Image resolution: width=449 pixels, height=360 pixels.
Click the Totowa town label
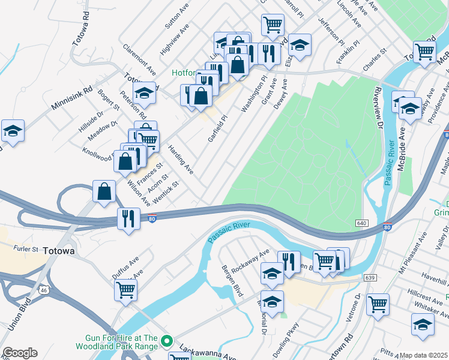pos(58,251)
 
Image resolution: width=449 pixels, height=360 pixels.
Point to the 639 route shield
pos(370,278)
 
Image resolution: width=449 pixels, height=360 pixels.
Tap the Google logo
pos(20,353)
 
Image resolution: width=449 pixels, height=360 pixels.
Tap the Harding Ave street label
pos(181,160)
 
